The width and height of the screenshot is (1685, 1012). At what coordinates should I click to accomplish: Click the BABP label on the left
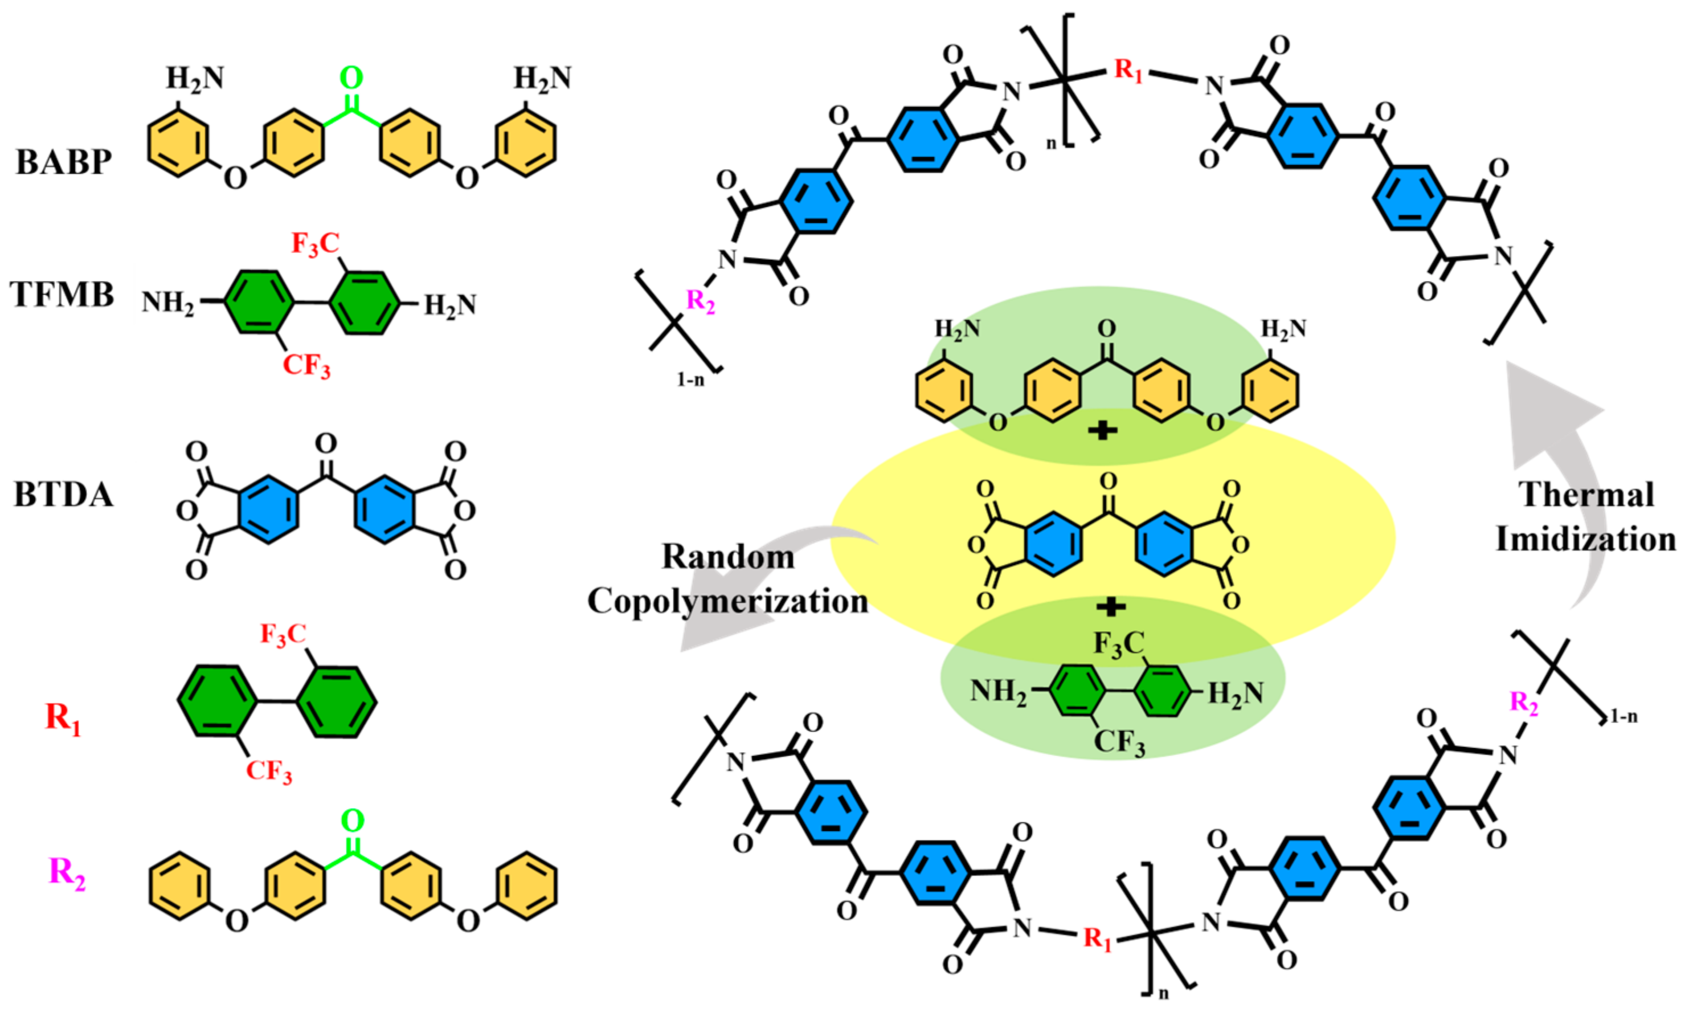[63, 162]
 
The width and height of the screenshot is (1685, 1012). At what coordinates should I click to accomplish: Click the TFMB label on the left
[62, 295]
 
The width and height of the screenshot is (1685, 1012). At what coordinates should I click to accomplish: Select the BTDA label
[63, 495]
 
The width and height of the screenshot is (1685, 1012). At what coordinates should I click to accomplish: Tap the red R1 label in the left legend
[63, 718]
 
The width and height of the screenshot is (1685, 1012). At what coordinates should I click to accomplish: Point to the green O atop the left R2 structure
[353, 821]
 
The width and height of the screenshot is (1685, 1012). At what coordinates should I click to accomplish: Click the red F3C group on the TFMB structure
[315, 243]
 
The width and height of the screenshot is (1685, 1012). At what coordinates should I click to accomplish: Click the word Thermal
[1586, 495]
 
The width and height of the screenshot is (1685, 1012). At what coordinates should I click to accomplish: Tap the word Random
[728, 557]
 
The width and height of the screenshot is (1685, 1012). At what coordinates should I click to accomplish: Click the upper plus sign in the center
[1102, 430]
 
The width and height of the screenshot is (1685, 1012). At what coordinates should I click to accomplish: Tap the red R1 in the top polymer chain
[1128, 71]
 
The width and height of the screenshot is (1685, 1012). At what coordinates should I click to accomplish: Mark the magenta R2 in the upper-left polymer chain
[701, 301]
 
